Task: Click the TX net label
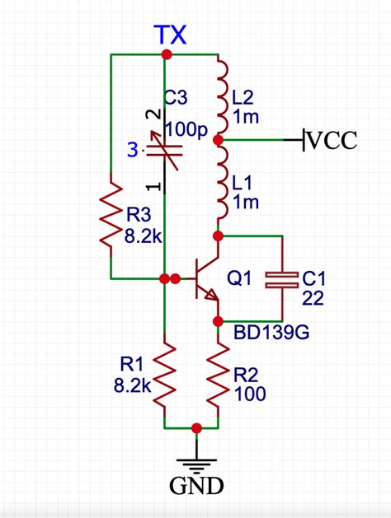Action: (171, 35)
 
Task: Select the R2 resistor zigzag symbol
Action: (219, 375)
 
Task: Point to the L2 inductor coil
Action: (221, 97)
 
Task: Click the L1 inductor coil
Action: (221, 185)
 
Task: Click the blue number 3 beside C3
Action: (132, 150)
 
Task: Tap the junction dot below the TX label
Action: (167, 55)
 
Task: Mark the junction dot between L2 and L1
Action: (219, 141)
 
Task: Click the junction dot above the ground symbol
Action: (196, 428)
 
